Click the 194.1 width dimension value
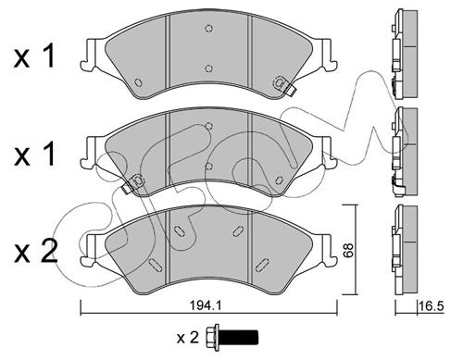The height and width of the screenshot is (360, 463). pos(206,305)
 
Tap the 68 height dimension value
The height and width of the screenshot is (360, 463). pos(348,250)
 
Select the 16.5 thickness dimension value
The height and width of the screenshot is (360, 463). pos(432,306)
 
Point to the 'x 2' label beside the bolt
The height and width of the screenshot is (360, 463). pos(188,338)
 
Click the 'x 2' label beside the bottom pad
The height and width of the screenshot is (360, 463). pos(36,252)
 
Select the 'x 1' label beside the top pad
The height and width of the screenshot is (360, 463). pos(34,56)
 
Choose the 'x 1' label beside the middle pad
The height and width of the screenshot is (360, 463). pos(34,155)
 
